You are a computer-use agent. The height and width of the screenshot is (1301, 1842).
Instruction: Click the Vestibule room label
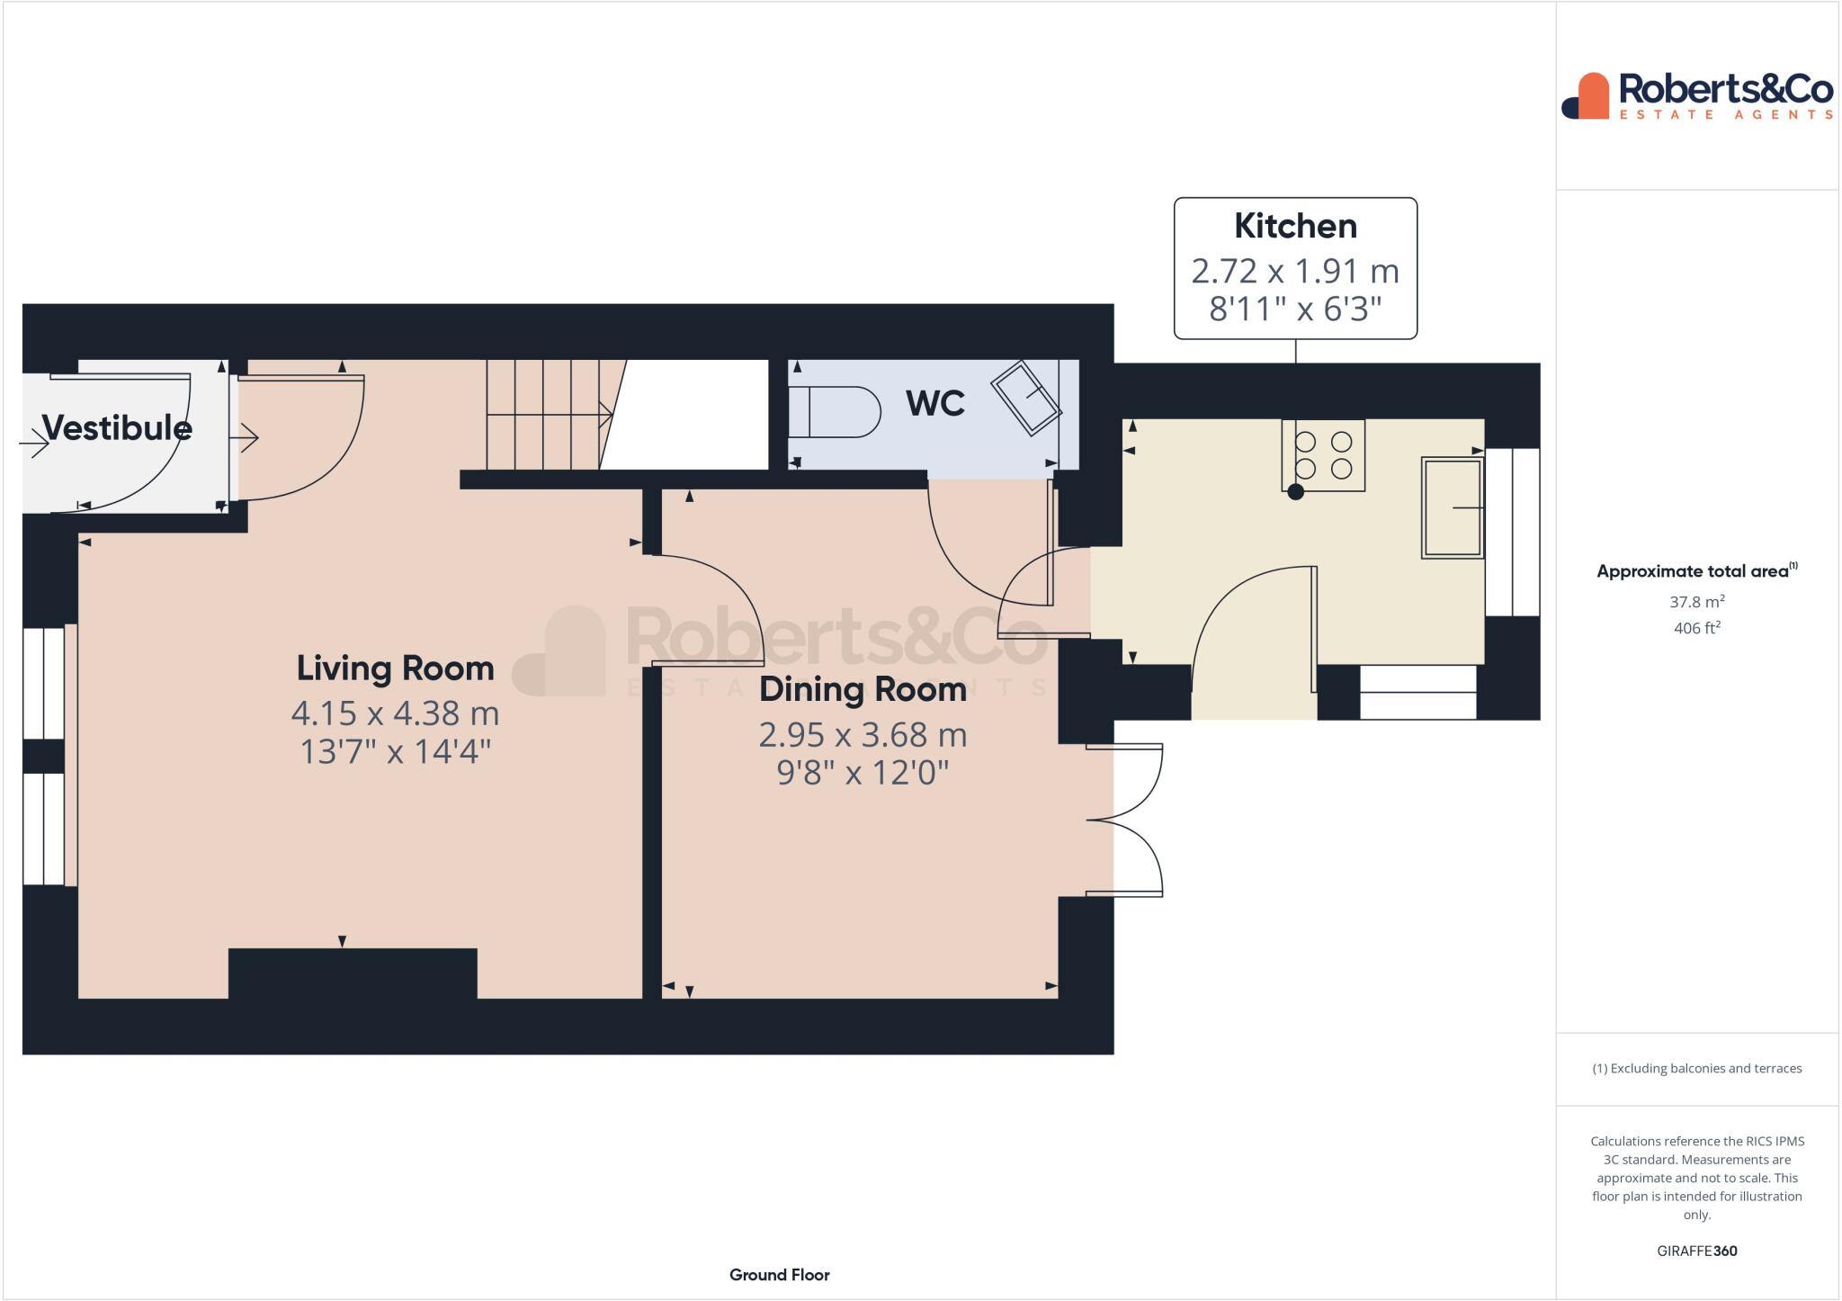pos(117,427)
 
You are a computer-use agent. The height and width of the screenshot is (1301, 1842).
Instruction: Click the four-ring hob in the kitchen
pos(1323,455)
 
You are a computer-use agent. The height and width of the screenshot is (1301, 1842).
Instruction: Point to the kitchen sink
pos(1452,507)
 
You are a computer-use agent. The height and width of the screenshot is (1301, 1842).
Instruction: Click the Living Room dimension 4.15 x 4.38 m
pos(395,713)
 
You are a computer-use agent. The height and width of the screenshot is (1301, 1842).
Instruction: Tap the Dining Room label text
pos(863,689)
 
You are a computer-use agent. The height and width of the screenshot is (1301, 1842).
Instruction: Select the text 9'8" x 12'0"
pos(863,772)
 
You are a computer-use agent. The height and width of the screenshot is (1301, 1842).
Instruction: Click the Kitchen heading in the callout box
pos(1295,226)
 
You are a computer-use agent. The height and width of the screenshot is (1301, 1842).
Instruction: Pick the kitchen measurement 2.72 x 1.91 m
pos(1295,270)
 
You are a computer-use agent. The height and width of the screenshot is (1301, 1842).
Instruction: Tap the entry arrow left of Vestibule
pos(34,442)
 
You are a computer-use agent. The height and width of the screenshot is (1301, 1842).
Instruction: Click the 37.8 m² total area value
pos(1696,602)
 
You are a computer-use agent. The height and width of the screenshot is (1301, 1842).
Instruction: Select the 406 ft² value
pos(1696,628)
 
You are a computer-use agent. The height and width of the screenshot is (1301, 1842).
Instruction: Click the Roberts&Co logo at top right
pos(1696,95)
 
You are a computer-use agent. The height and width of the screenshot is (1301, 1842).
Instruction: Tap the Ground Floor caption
pos(779,1274)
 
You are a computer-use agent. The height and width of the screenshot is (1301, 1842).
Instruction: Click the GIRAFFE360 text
pos(1696,1251)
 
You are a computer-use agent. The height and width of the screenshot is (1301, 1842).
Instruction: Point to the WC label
pos(935,403)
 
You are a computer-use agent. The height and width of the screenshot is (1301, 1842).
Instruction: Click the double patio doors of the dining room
pos(1124,820)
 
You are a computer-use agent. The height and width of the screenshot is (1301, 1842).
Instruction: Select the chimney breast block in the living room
pos(353,973)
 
